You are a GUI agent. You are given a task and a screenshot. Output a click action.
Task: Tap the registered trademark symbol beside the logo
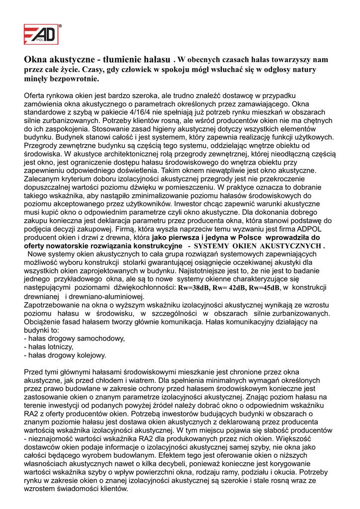tap(60, 25)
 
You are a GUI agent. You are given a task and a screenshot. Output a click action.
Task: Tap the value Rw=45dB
tap(264, 288)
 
